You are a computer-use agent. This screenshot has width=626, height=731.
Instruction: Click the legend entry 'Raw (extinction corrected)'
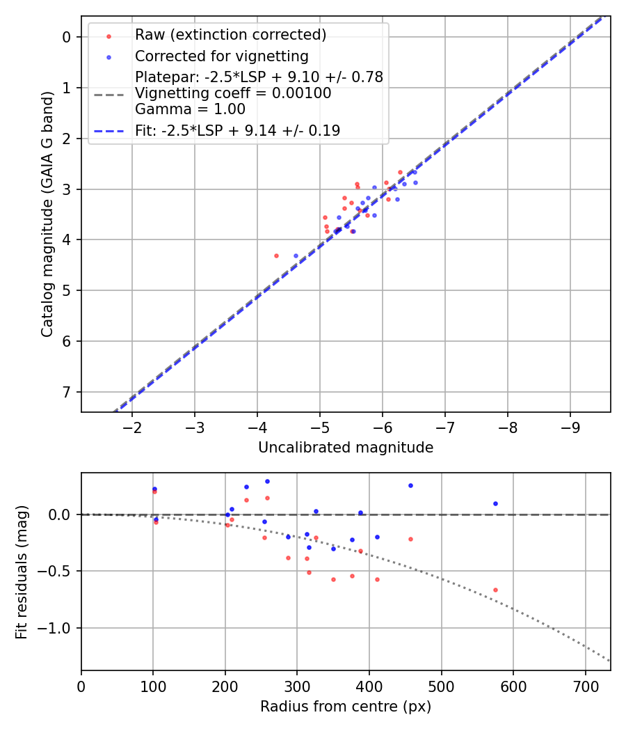[x=230, y=35]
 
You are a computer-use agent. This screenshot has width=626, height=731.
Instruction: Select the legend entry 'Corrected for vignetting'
[x=221, y=56]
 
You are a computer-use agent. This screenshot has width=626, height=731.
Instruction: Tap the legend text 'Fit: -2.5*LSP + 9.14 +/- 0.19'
[x=237, y=131]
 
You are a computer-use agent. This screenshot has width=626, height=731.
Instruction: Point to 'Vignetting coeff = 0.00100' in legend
[x=233, y=93]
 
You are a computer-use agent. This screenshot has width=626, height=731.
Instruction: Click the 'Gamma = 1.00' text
[x=190, y=109]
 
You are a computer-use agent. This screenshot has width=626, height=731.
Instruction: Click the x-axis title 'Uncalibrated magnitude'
[x=346, y=448]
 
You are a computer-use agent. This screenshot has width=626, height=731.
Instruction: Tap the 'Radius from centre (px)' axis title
[x=346, y=707]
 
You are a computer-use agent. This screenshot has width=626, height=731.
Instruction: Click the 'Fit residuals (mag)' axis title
[x=22, y=572]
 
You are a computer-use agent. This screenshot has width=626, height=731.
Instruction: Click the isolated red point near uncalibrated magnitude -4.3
[x=276, y=256]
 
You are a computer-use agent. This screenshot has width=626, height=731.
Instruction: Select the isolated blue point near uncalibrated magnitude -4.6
[x=296, y=256]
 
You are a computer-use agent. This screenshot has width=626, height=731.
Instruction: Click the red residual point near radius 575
[x=495, y=590]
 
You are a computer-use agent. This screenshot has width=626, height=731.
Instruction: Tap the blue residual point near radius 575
[x=495, y=503]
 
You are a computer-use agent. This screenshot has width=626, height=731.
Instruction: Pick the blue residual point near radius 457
[x=410, y=485]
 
